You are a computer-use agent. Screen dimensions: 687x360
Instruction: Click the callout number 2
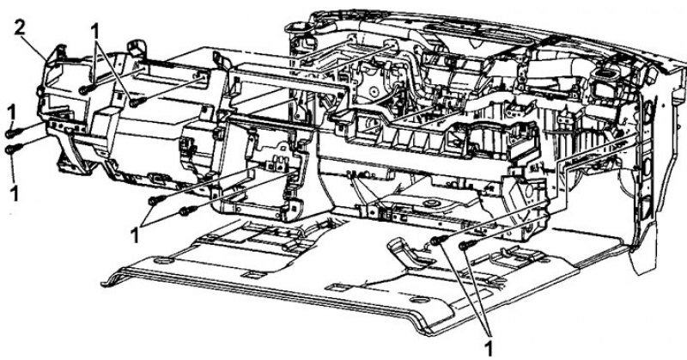click(20, 28)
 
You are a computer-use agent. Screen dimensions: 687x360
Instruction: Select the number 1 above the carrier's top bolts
click(95, 32)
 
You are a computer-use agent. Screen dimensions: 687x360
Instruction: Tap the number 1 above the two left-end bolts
click(12, 113)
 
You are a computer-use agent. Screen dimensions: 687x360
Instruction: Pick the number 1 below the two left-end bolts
click(15, 193)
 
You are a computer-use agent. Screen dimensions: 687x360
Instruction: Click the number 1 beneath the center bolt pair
click(136, 235)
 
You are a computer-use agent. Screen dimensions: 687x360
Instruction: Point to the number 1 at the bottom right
click(488, 348)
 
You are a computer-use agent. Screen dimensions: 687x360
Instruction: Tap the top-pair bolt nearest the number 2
click(86, 89)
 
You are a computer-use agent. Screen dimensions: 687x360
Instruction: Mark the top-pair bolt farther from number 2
click(138, 102)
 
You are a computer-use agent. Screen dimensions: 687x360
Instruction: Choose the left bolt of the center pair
click(156, 200)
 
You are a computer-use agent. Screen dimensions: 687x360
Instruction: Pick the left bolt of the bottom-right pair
click(438, 240)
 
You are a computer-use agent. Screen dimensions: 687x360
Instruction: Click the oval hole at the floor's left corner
click(164, 261)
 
